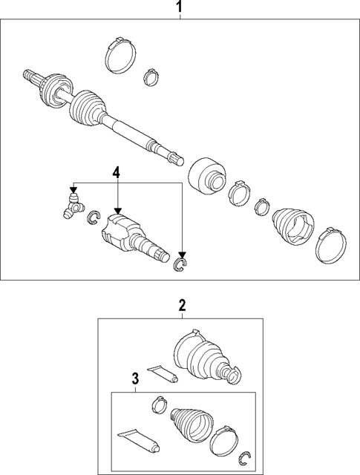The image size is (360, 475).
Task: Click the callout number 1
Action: (x=180, y=7)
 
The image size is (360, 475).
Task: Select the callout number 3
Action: (x=135, y=379)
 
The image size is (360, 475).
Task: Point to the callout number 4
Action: (x=117, y=172)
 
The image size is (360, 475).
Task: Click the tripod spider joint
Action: (x=73, y=206)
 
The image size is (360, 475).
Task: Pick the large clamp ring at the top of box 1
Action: (x=120, y=56)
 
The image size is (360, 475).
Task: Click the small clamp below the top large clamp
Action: (x=151, y=77)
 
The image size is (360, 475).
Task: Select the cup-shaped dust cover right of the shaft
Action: (x=206, y=175)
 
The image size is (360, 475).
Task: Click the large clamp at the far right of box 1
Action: (x=330, y=246)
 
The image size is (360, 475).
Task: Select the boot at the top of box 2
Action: (x=206, y=357)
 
